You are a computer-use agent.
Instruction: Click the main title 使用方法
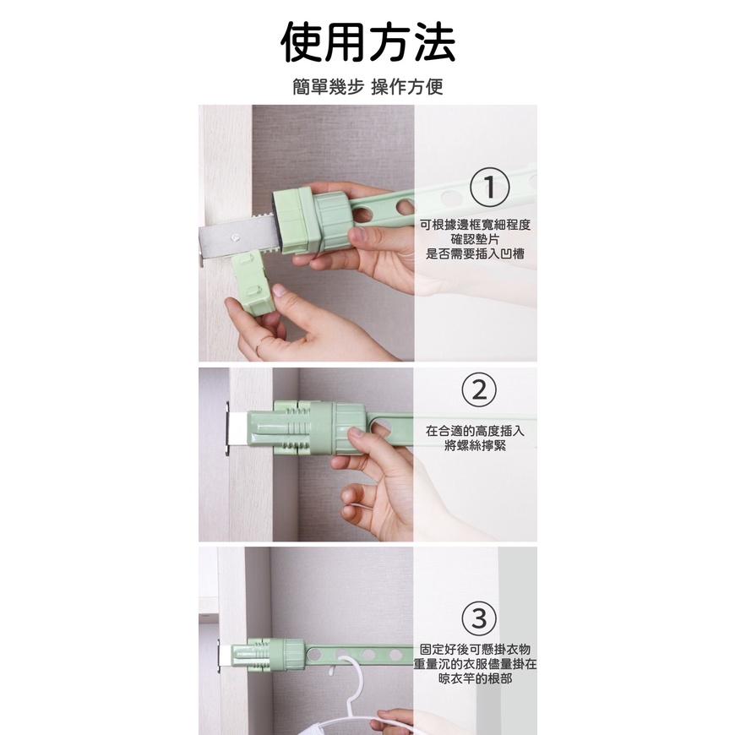[x=367, y=42]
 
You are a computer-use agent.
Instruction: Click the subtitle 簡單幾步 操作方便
[x=367, y=87]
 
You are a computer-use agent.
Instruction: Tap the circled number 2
[x=479, y=389]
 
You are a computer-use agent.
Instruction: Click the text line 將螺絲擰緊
[x=476, y=445]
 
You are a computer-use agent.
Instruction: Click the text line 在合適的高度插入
[x=476, y=431]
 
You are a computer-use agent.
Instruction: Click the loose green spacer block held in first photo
[x=255, y=285]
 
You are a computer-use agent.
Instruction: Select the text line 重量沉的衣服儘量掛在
[x=476, y=664]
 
